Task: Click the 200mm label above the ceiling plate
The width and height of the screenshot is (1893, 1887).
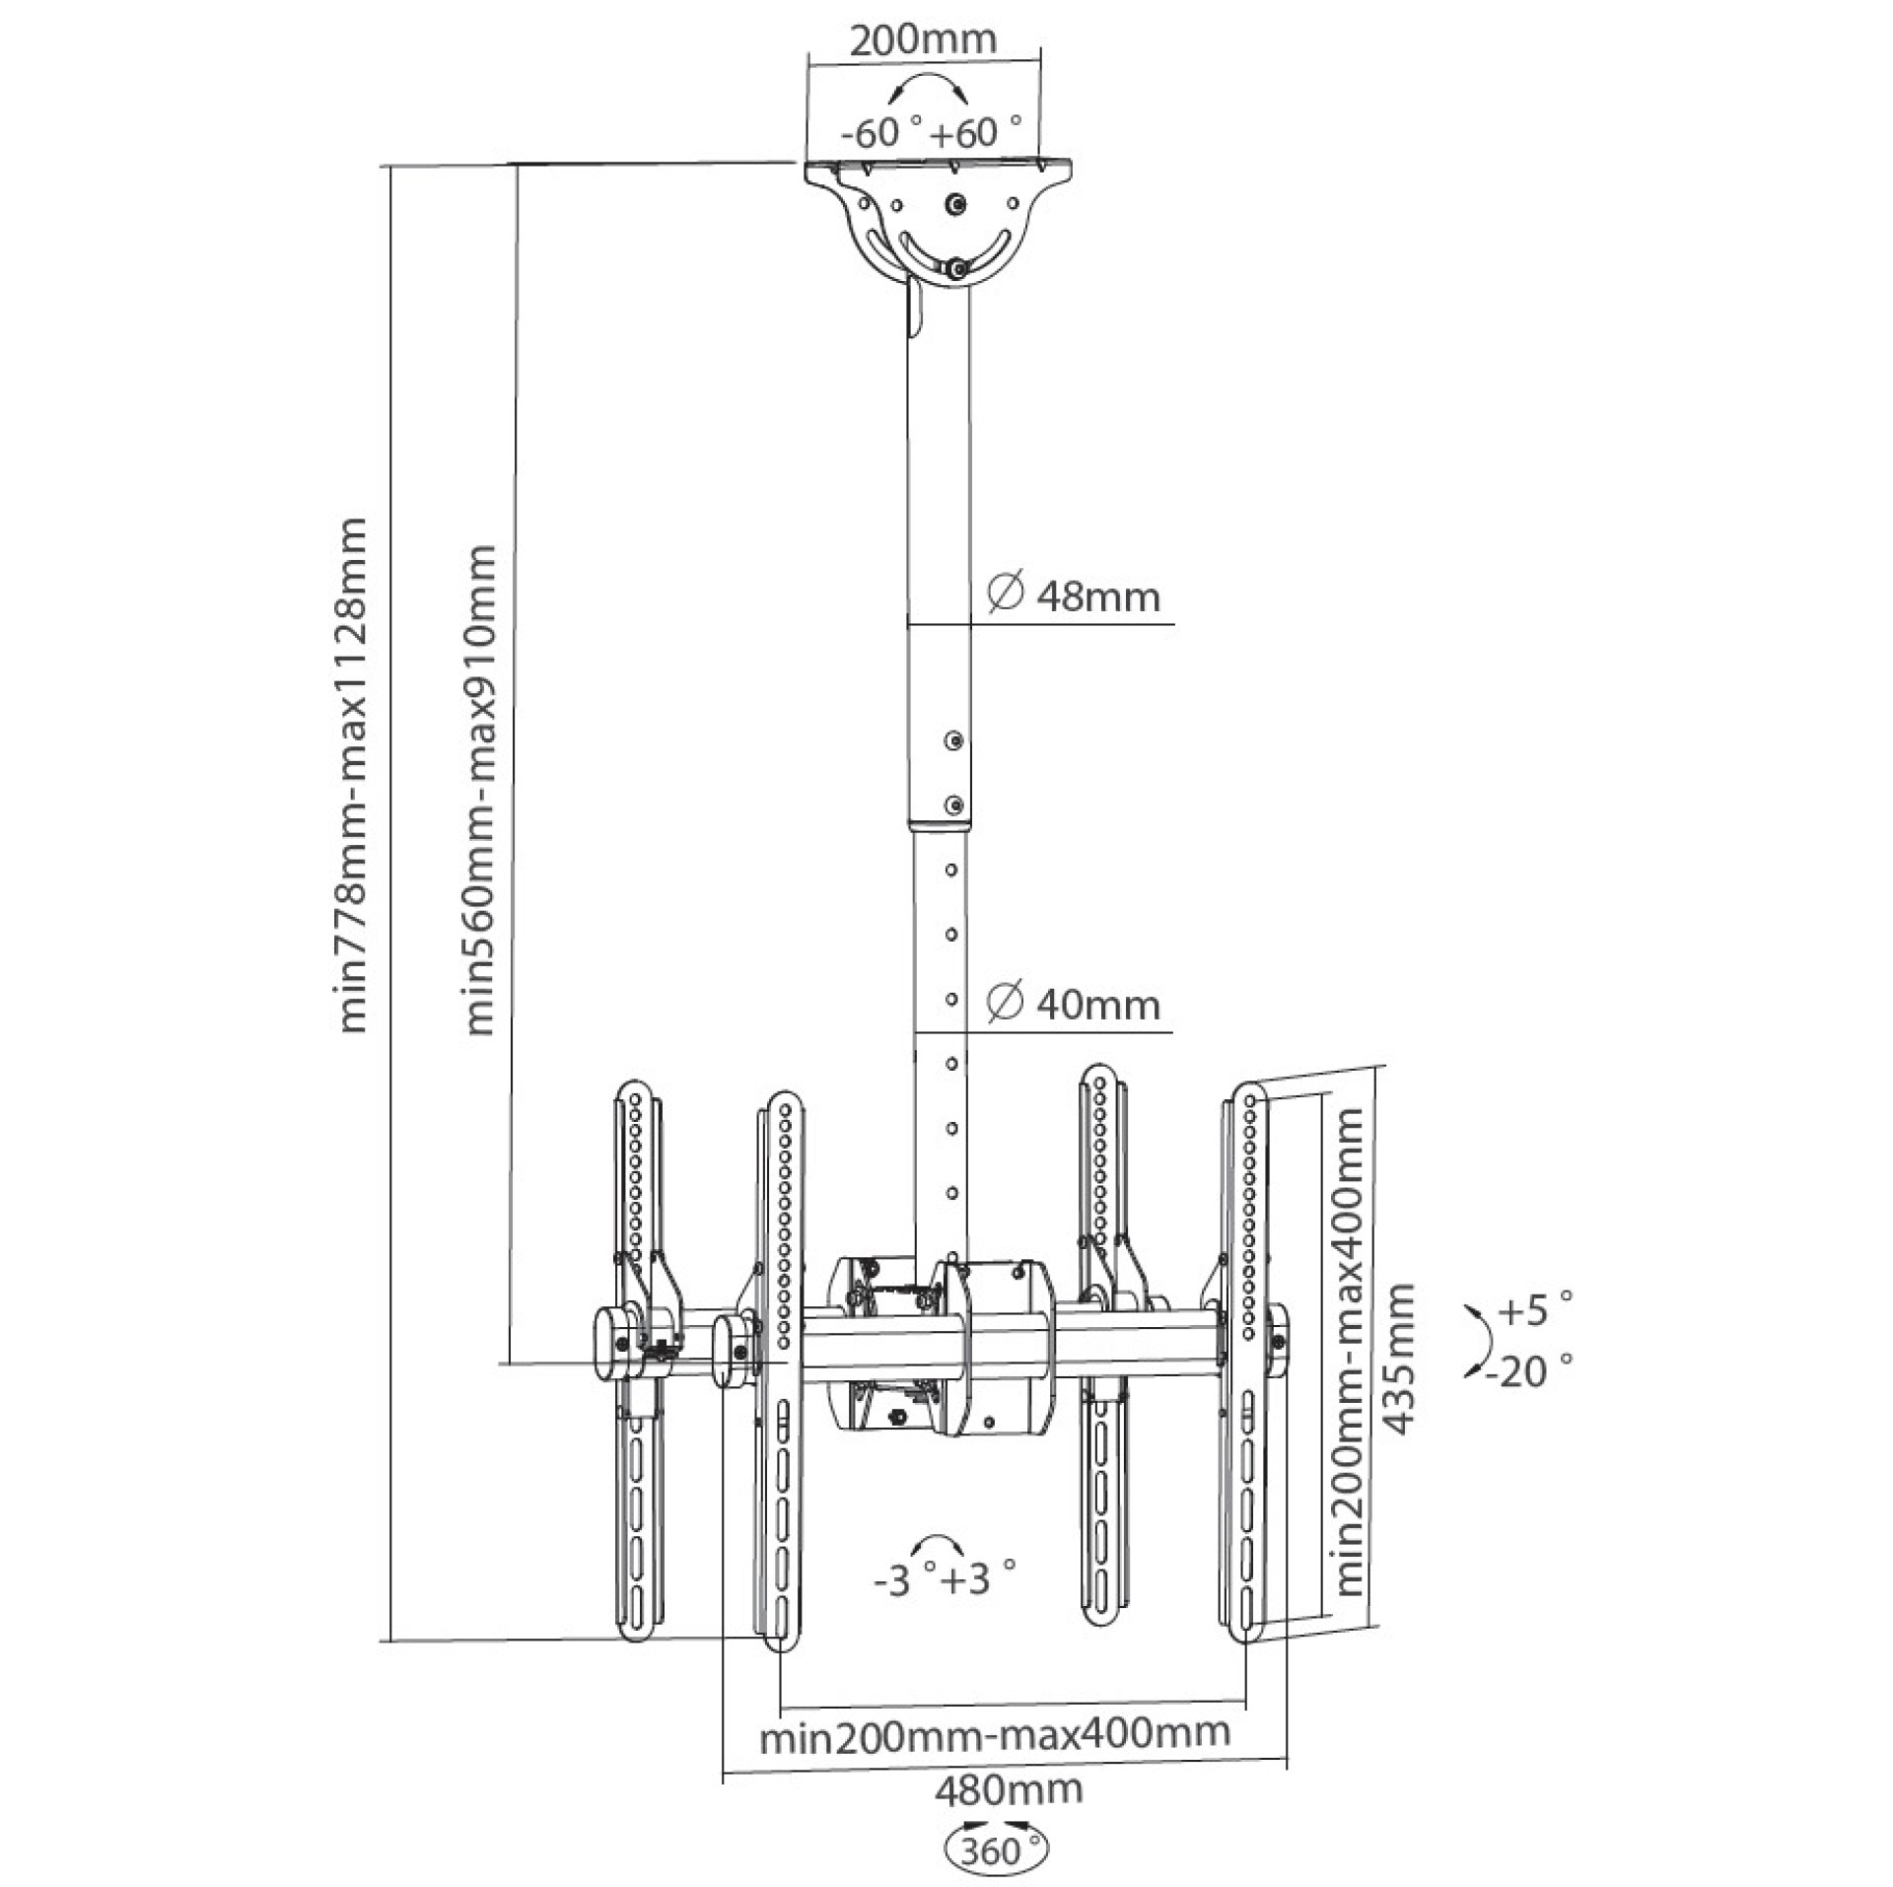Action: click(923, 40)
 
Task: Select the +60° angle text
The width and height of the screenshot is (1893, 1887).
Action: click(971, 132)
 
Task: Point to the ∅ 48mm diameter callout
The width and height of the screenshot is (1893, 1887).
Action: click(1074, 595)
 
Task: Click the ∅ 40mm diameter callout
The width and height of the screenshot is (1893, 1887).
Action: click(1074, 1005)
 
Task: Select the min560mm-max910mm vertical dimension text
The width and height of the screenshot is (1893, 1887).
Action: click(480, 789)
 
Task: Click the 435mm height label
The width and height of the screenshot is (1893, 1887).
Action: click(1397, 1358)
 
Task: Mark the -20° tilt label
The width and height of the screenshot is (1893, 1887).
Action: click(1527, 1371)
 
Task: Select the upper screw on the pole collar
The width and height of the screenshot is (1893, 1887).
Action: click(952, 740)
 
